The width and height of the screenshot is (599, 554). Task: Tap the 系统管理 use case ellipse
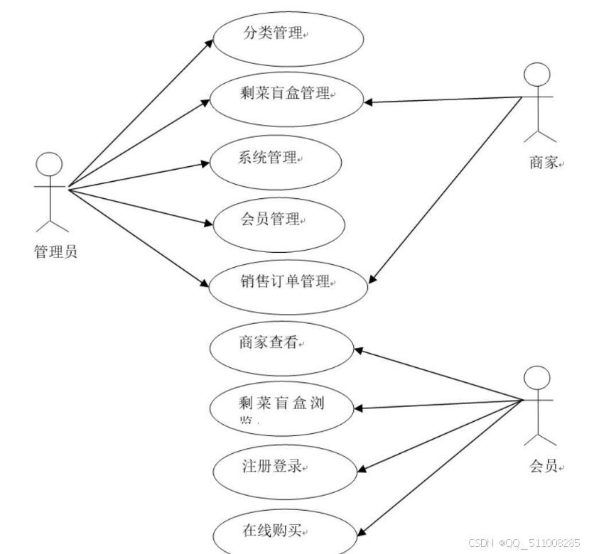click(276, 161)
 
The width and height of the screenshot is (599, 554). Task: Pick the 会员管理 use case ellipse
click(279, 222)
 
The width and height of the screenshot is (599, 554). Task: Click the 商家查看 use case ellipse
click(283, 347)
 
